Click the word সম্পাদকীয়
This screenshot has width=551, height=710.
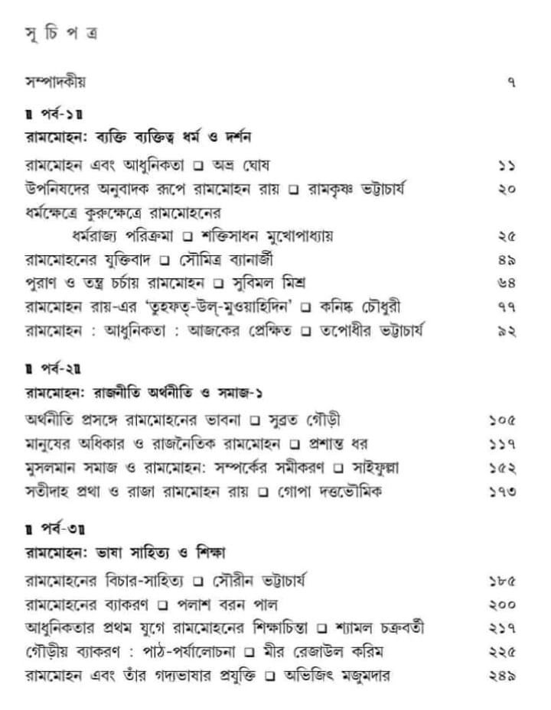57,82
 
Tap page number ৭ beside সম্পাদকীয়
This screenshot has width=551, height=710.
511,83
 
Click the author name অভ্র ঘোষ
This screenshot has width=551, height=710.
240,164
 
